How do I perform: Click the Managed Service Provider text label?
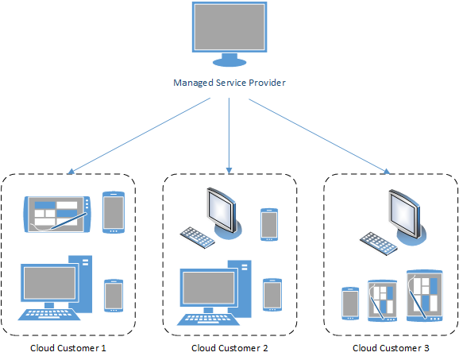click(229, 83)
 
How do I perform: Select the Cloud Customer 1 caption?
click(67, 348)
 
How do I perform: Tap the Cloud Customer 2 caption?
click(229, 348)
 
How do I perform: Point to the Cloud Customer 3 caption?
click(390, 348)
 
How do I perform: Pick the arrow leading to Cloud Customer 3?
click(318, 134)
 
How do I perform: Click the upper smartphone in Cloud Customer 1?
click(114, 213)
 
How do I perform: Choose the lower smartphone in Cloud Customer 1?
click(114, 296)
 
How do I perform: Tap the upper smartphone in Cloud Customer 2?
click(269, 223)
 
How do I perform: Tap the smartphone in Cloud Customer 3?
click(350, 303)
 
